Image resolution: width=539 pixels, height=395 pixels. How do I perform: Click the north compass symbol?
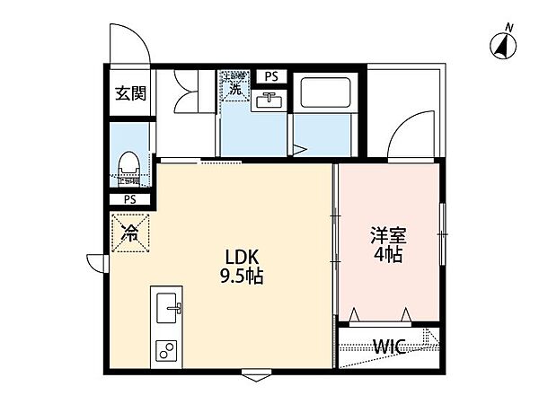tap(503, 41)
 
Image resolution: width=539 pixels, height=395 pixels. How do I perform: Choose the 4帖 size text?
tap(389, 255)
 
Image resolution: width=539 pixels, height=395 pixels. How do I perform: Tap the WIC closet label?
tap(388, 347)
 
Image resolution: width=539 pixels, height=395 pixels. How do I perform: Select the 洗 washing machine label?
tap(235, 88)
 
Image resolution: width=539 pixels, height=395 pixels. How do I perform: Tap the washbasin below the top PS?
tap(269, 100)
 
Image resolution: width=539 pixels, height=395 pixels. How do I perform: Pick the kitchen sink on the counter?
tap(168, 311)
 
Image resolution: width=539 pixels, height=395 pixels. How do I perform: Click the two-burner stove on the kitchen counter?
tap(167, 349)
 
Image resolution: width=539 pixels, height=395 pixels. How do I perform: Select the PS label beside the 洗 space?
tap(269, 75)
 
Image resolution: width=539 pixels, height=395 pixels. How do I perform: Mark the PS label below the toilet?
tap(130, 199)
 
